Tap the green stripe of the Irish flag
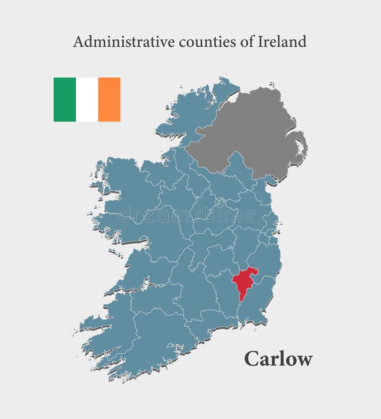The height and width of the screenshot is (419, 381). tap(64, 100)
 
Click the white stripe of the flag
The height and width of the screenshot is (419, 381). tap(87, 100)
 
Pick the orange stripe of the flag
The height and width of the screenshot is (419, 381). tap(109, 100)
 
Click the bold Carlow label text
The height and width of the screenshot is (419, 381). tap(278, 359)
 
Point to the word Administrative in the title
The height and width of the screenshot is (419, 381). tap(124, 42)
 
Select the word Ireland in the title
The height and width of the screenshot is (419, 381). tap(282, 42)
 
